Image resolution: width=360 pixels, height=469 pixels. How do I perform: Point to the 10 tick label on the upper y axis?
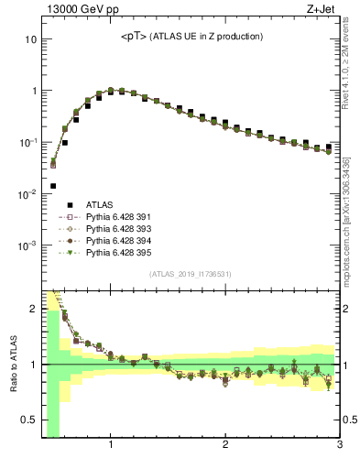coord(30,40)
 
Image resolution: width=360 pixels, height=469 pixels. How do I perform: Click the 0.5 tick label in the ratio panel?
coord(28,420)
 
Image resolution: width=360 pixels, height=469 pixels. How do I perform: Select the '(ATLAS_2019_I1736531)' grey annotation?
coord(191,274)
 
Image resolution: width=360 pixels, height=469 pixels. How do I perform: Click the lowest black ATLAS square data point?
coord(53,186)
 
